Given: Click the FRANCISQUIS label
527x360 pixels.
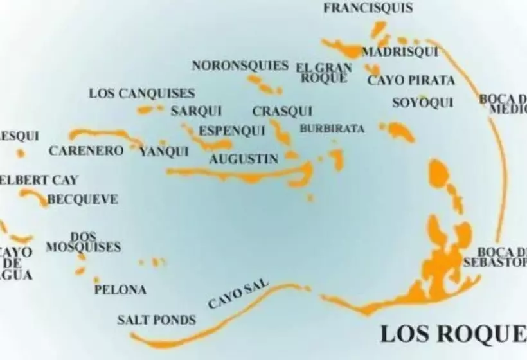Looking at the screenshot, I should [x=368, y=8].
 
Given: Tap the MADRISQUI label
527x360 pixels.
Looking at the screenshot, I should [x=391, y=52].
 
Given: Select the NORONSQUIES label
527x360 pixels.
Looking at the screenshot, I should [x=240, y=66].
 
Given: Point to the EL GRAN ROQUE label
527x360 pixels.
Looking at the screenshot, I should [x=324, y=73].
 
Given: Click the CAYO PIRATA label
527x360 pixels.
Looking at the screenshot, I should [x=411, y=80].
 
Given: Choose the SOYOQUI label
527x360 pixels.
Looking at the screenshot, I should [x=422, y=103].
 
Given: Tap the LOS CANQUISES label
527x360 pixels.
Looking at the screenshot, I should [x=141, y=93].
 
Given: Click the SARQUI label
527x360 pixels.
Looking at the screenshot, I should [x=192, y=111].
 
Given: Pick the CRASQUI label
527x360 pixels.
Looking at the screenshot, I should [x=282, y=111].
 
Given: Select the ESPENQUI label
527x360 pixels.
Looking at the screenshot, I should [x=231, y=131].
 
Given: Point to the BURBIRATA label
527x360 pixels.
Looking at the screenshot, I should [x=332, y=129].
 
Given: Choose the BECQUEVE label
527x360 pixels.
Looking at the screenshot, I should [x=83, y=200].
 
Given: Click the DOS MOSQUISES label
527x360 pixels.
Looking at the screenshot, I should [x=83, y=242].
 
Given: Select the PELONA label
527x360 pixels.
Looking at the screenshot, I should [x=120, y=290].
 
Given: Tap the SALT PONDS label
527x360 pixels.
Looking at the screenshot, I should [x=157, y=319].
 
